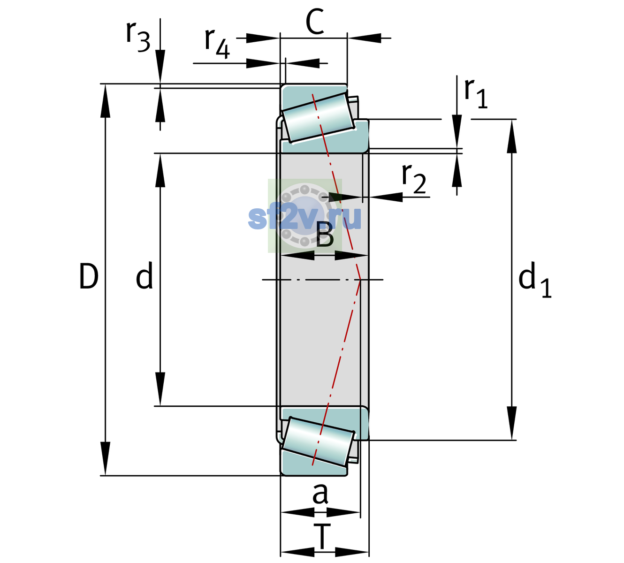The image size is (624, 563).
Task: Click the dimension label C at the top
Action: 315,22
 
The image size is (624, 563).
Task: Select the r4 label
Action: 217,43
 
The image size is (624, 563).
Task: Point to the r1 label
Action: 476,93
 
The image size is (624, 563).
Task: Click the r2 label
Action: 414,179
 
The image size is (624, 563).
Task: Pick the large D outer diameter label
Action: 89,276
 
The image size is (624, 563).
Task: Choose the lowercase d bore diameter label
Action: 145,275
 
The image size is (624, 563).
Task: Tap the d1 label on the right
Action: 535,280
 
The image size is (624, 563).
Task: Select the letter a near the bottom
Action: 320,494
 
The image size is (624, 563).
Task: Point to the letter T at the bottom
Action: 322,537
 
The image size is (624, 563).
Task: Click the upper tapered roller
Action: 318,118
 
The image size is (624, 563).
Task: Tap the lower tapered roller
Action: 318,441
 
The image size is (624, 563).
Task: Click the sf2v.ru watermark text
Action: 305,218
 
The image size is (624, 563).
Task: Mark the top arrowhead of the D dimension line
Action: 105,100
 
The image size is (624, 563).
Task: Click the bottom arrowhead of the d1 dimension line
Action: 512,423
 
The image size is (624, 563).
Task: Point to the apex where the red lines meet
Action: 360,280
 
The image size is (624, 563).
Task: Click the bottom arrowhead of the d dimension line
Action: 160,389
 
